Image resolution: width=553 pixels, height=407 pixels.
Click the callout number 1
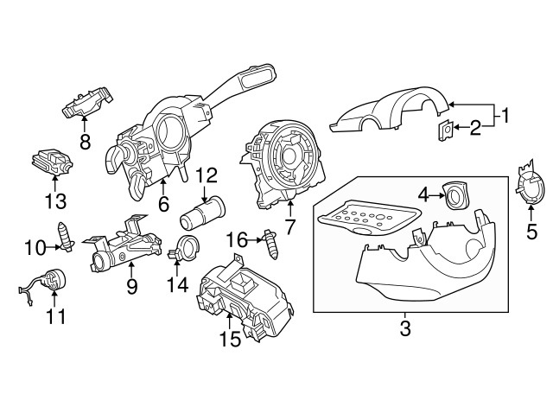pos(506,114)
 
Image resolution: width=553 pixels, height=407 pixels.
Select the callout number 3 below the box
pos(405,328)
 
